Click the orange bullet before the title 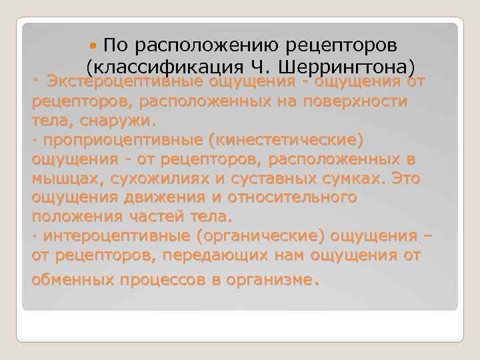coord(94,45)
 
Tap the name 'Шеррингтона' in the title coord(356,67)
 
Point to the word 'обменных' coord(73,279)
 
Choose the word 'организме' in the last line coord(267,279)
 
